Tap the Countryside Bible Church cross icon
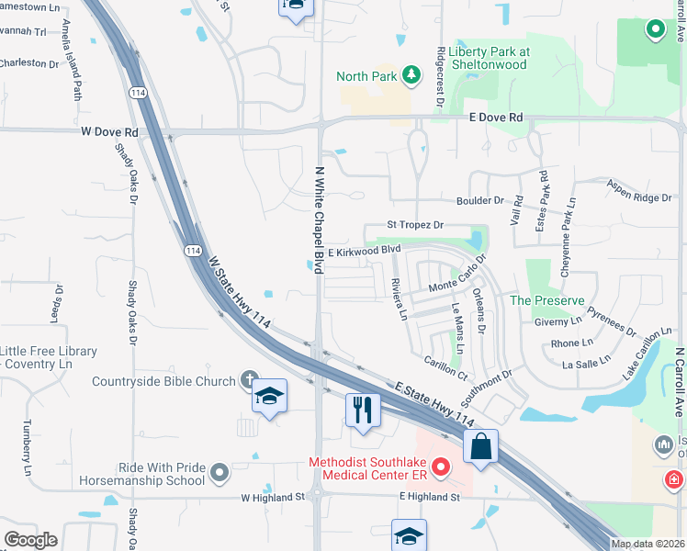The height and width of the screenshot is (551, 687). point(249,378)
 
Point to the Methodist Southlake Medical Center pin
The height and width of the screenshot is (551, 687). point(440,468)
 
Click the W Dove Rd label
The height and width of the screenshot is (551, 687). point(109,132)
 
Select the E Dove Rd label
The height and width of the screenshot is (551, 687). point(496,118)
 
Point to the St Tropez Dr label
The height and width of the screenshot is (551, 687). point(415,225)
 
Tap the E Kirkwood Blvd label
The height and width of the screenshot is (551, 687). point(366,250)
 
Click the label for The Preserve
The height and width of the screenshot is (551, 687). point(546,300)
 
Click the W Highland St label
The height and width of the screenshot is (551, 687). point(273,497)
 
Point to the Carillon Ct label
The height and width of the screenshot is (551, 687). point(446,369)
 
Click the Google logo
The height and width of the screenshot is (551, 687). point(31,539)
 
